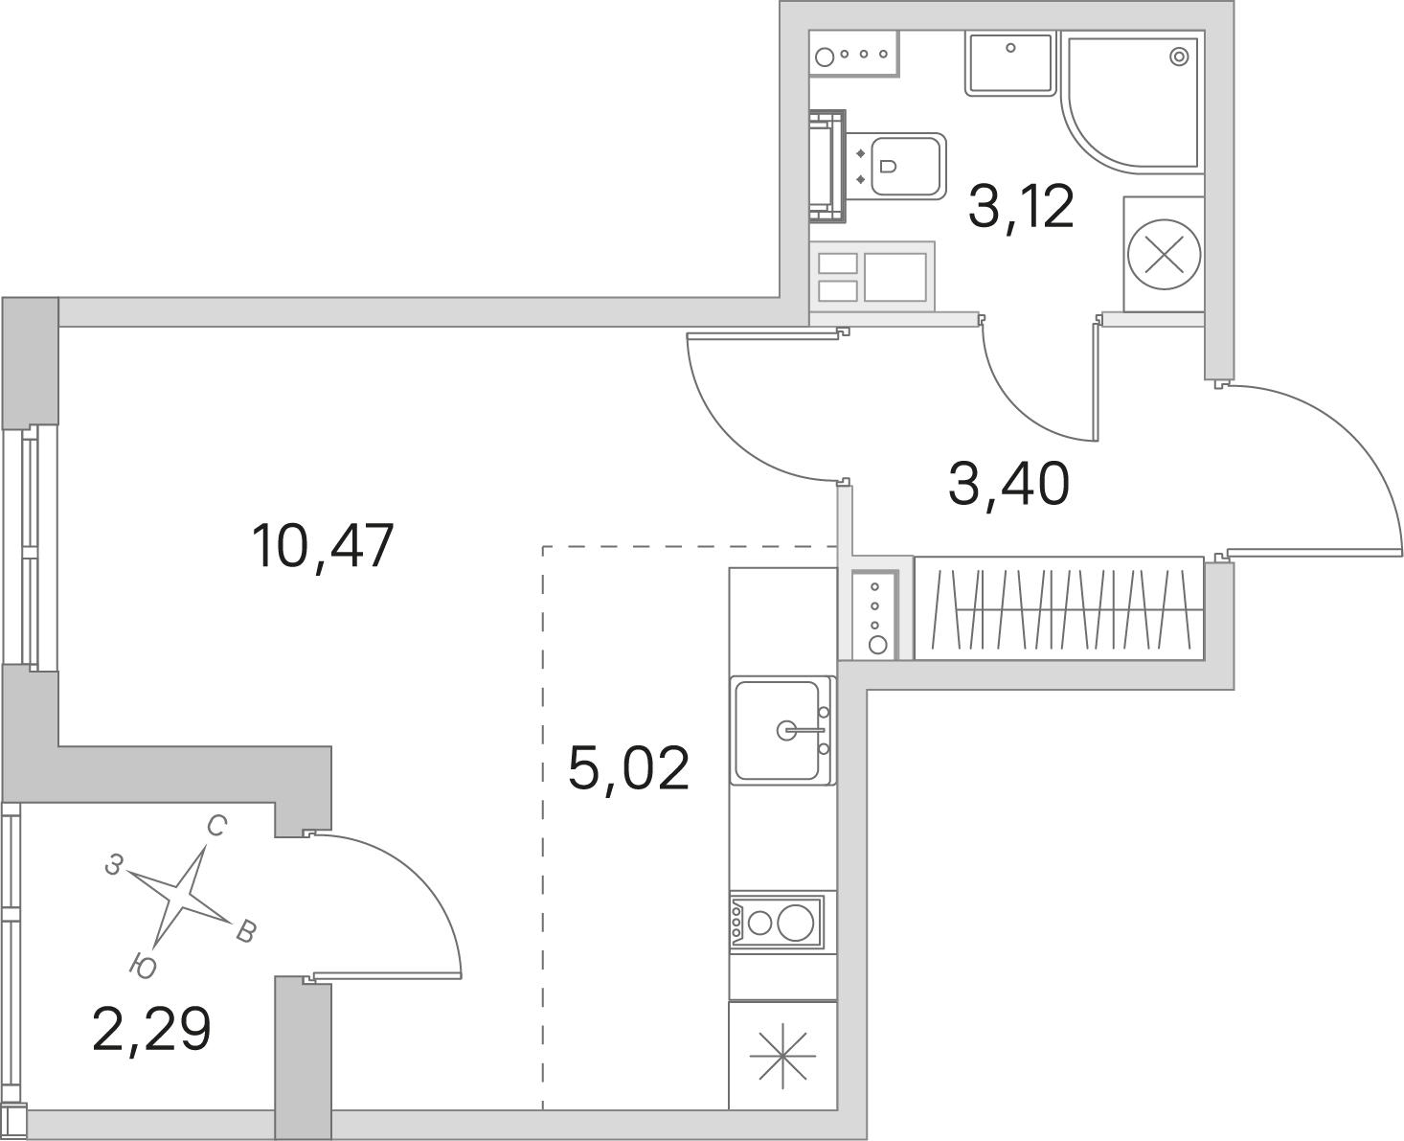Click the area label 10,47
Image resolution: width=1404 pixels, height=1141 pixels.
click(x=323, y=547)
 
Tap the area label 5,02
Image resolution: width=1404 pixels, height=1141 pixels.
click(x=628, y=768)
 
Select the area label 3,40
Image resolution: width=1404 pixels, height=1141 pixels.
click(x=1008, y=485)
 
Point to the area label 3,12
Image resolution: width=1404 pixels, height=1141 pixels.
click(x=1021, y=206)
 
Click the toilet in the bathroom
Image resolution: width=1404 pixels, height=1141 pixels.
click(x=896, y=165)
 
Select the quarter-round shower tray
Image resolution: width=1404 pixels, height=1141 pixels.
click(x=1132, y=103)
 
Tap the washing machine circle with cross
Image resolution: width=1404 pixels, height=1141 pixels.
click(x=1164, y=255)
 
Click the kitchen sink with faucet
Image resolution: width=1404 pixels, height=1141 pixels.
click(x=783, y=730)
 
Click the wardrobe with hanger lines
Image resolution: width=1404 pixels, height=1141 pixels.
click(x=1059, y=608)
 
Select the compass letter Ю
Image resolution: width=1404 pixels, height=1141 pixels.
click(x=143, y=967)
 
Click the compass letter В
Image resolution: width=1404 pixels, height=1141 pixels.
click(x=245, y=932)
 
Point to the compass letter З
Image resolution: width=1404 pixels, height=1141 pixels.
click(x=114, y=864)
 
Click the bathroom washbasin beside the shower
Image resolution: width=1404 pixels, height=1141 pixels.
click(x=1010, y=63)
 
